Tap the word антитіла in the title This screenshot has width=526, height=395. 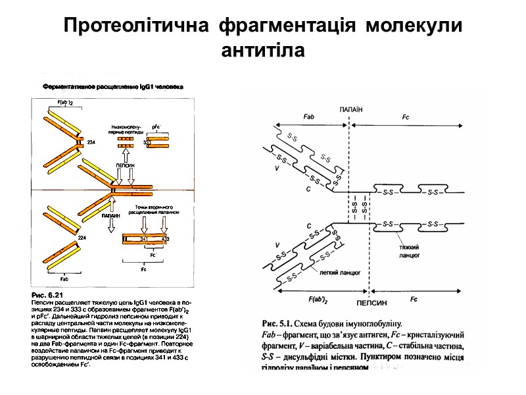263,49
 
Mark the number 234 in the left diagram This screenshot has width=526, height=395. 91,142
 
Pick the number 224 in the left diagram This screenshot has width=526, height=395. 83,237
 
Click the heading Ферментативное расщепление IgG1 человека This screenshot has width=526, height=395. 112,86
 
